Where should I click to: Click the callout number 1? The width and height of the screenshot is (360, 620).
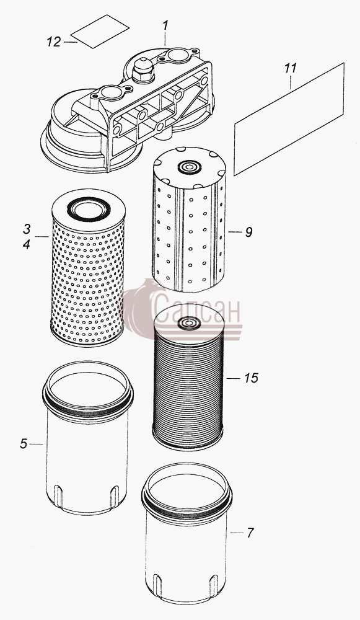[165, 26]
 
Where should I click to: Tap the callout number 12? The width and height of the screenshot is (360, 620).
[54, 42]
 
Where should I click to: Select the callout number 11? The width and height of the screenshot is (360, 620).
[290, 68]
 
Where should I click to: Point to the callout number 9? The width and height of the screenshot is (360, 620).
[248, 232]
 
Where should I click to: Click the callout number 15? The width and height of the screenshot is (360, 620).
[251, 378]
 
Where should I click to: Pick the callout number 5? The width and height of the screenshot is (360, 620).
[24, 444]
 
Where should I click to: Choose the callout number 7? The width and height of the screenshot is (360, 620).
[250, 533]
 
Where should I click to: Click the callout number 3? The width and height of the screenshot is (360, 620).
[27, 229]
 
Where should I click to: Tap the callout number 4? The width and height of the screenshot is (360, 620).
[27, 245]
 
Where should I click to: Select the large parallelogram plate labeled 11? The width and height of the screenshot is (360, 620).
[289, 119]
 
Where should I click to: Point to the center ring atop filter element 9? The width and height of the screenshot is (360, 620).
[189, 167]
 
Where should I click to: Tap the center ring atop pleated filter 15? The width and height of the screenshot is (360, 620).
[189, 324]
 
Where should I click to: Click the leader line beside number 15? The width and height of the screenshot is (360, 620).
[234, 378]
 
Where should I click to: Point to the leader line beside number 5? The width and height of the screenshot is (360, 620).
[36, 445]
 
